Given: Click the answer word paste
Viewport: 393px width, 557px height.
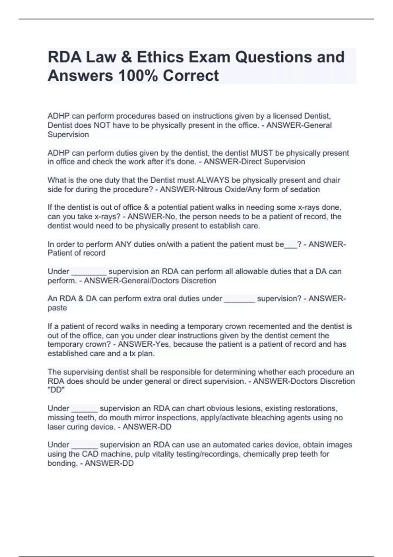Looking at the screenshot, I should [x=57, y=308].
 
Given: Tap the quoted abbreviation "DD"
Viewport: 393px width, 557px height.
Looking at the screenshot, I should [x=56, y=390].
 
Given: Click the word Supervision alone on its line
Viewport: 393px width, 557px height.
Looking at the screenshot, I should [x=68, y=135].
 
